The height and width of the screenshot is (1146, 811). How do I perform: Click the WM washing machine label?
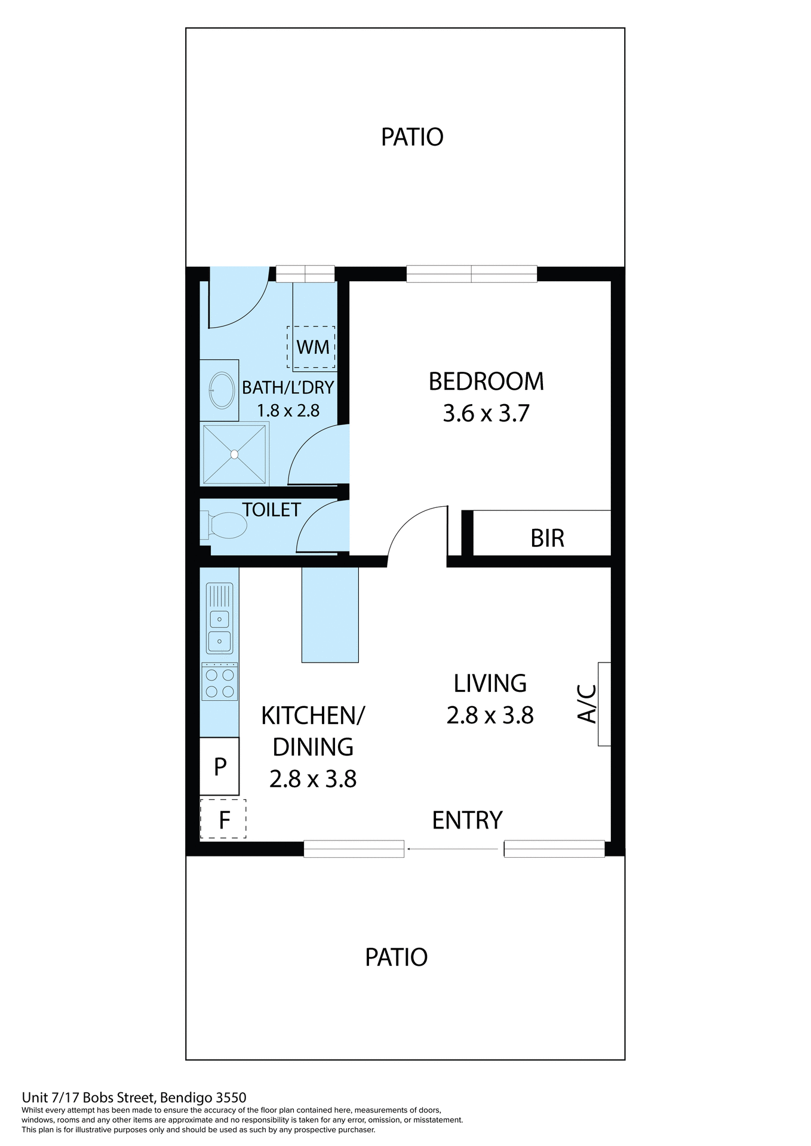click(x=312, y=347)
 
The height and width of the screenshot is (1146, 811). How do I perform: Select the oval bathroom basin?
click(x=222, y=390)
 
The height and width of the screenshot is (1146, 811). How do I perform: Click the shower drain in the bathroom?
click(x=234, y=454)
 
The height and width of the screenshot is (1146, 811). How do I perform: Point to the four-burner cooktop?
click(x=220, y=683)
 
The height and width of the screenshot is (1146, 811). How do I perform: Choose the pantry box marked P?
click(x=220, y=766)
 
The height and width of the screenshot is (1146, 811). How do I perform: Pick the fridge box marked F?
click(x=223, y=820)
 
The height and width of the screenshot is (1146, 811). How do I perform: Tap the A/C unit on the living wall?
click(x=604, y=704)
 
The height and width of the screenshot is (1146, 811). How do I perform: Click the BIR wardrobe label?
click(x=547, y=538)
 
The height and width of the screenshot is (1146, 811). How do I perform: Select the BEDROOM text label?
click(x=486, y=382)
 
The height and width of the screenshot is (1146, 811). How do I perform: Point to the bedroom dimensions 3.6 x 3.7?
click(x=486, y=414)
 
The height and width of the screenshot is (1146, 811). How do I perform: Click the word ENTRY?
click(x=467, y=820)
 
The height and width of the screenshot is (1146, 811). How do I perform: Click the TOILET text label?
click(x=271, y=510)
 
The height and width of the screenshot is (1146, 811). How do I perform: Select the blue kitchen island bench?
click(x=330, y=614)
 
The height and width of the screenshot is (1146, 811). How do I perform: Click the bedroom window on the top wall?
click(x=471, y=274)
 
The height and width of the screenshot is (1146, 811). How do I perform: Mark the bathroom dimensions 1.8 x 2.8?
click(x=288, y=411)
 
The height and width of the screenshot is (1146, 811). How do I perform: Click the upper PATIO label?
click(x=412, y=137)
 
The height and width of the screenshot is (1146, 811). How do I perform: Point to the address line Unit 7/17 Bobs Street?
click(x=134, y=1097)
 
